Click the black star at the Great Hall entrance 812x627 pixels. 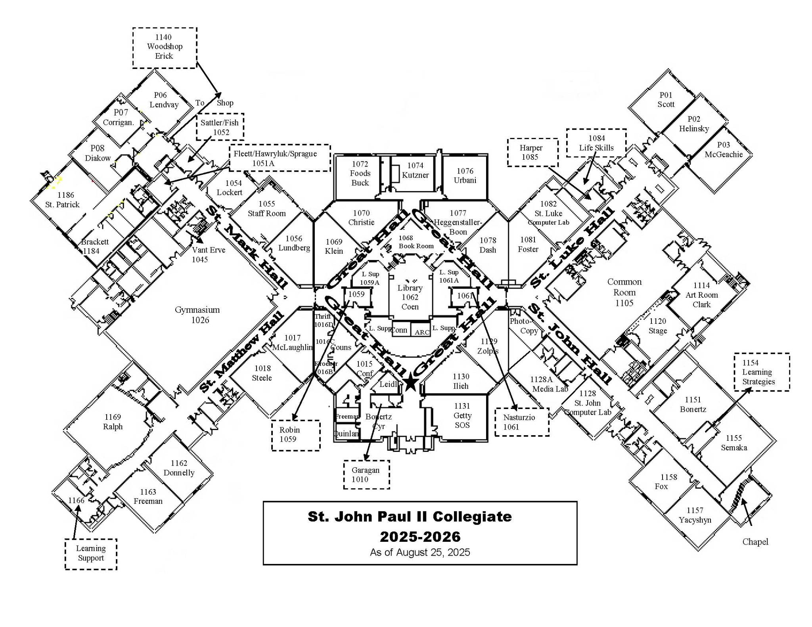tap(411, 383)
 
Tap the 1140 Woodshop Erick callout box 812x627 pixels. tap(164, 47)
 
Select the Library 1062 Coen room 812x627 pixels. tap(410, 297)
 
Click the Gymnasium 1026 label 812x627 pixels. tap(197, 315)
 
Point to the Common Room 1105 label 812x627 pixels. tap(624, 292)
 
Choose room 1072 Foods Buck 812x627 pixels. tap(360, 174)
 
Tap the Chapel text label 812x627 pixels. tap(755, 542)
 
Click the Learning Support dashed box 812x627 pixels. tap(91, 554)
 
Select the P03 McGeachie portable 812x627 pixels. tap(723, 150)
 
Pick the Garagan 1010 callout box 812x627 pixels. tap(366, 475)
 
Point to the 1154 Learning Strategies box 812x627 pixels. tap(761, 372)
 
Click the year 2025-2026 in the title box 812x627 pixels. tap(420, 537)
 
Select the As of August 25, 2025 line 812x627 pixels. tap(420, 552)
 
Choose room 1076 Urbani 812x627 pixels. tap(465, 176)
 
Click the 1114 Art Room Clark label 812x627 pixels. tap(701, 295)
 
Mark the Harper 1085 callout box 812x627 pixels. tap(532, 152)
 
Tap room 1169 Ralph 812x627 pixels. tap(113, 422)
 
